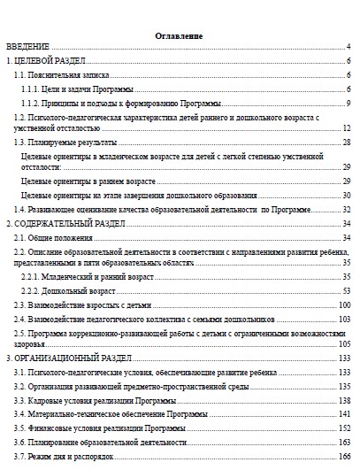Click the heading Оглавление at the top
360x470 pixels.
tap(179, 35)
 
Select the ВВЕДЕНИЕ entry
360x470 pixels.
tap(28, 46)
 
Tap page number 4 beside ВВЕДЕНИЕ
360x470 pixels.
tap(350, 46)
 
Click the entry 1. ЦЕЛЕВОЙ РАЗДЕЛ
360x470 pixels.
tap(45, 61)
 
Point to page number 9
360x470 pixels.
tap(350, 103)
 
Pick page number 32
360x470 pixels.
tap(348, 209)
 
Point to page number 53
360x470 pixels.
tap(348, 290)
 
